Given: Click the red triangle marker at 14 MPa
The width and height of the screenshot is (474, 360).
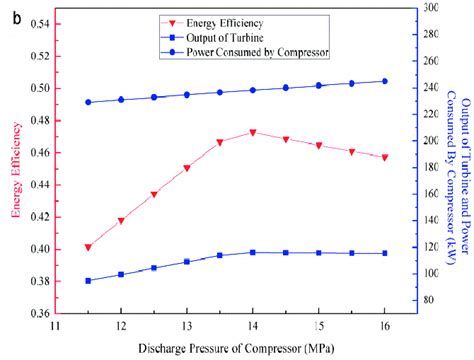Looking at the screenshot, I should click(x=253, y=132).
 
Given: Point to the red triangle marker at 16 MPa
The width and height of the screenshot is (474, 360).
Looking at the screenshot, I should click(x=384, y=157).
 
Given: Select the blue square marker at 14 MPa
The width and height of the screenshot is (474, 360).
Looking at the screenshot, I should click(x=253, y=252).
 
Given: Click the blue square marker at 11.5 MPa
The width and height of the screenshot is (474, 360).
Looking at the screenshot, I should click(x=88, y=281).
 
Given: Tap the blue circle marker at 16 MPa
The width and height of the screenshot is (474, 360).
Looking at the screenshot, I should click(x=384, y=81).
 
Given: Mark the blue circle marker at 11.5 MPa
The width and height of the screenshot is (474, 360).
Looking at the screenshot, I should click(x=88, y=102).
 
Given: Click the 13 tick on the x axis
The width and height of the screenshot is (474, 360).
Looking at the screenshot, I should click(x=186, y=326).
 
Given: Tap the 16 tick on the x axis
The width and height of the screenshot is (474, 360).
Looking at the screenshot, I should click(x=384, y=326).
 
